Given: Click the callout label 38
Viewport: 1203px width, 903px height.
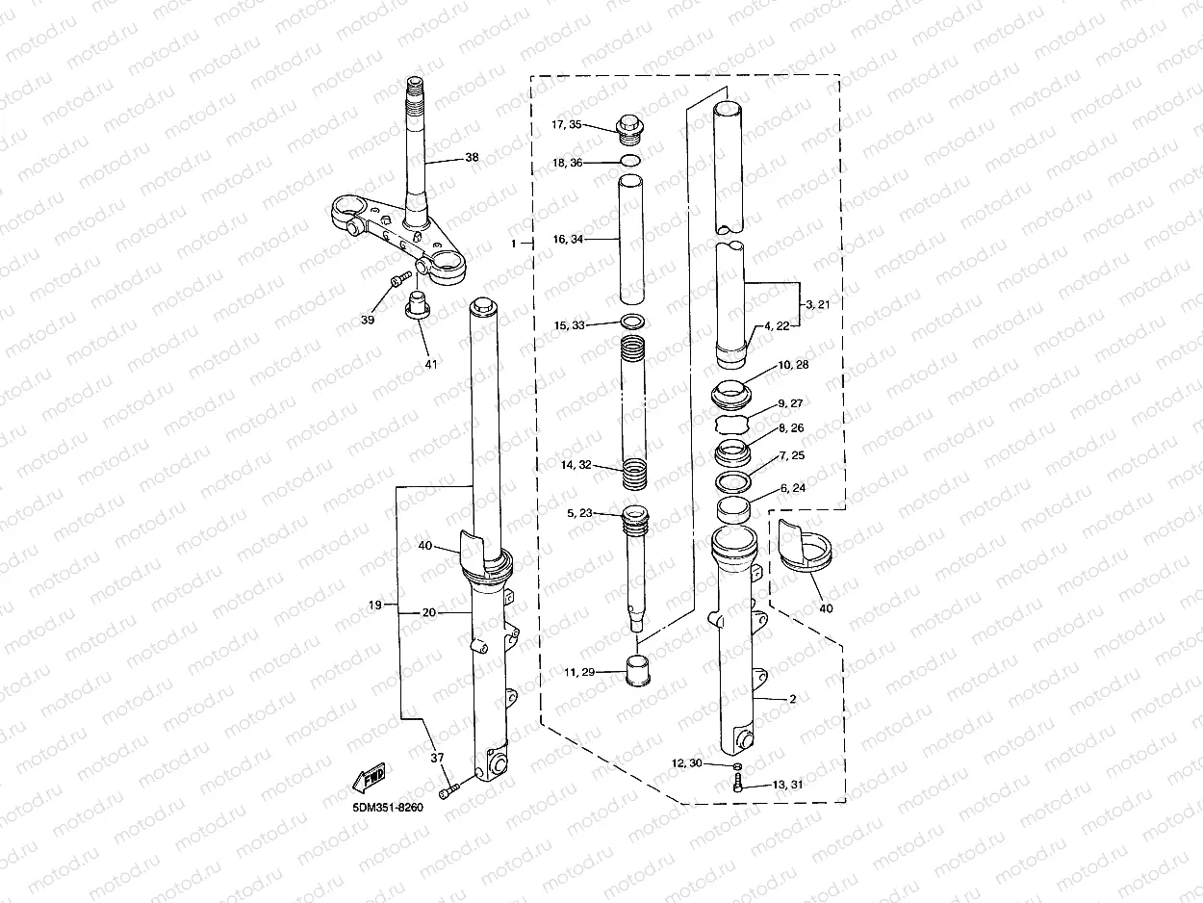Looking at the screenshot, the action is (472, 157).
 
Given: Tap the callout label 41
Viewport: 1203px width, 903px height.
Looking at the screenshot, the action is (431, 364).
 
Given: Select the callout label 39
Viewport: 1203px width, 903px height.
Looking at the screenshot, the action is (368, 320).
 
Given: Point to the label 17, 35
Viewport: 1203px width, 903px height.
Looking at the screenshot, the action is (566, 124).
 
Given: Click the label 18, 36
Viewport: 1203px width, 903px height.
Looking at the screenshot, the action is (567, 163).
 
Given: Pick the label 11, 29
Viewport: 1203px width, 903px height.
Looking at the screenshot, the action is (579, 672).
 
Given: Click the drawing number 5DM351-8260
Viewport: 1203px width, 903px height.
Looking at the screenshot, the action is (388, 808).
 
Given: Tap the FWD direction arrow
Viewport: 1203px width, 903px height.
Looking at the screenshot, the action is (369, 778).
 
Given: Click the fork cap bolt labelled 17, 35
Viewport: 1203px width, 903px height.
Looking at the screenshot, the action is (630, 130).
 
